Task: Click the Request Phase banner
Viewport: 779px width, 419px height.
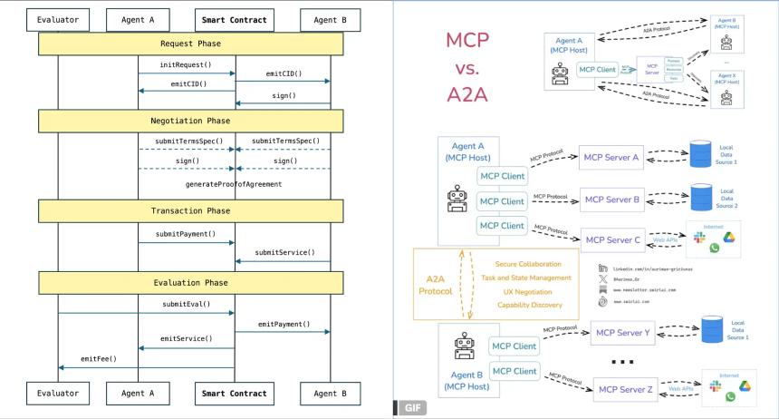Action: coord(190,44)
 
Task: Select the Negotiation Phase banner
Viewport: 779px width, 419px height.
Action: coord(190,121)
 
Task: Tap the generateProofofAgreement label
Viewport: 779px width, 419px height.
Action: coord(234,184)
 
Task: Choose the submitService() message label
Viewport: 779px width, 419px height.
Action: coord(285,252)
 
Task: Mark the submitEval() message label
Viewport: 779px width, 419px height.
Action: coord(186,304)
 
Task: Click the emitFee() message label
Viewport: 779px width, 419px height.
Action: coord(100,358)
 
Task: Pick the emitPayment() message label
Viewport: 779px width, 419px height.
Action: coord(284,324)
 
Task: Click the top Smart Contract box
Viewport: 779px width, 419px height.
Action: coord(235,17)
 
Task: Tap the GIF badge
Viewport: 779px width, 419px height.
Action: coord(409,410)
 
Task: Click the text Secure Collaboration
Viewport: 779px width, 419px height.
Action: coord(528,263)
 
